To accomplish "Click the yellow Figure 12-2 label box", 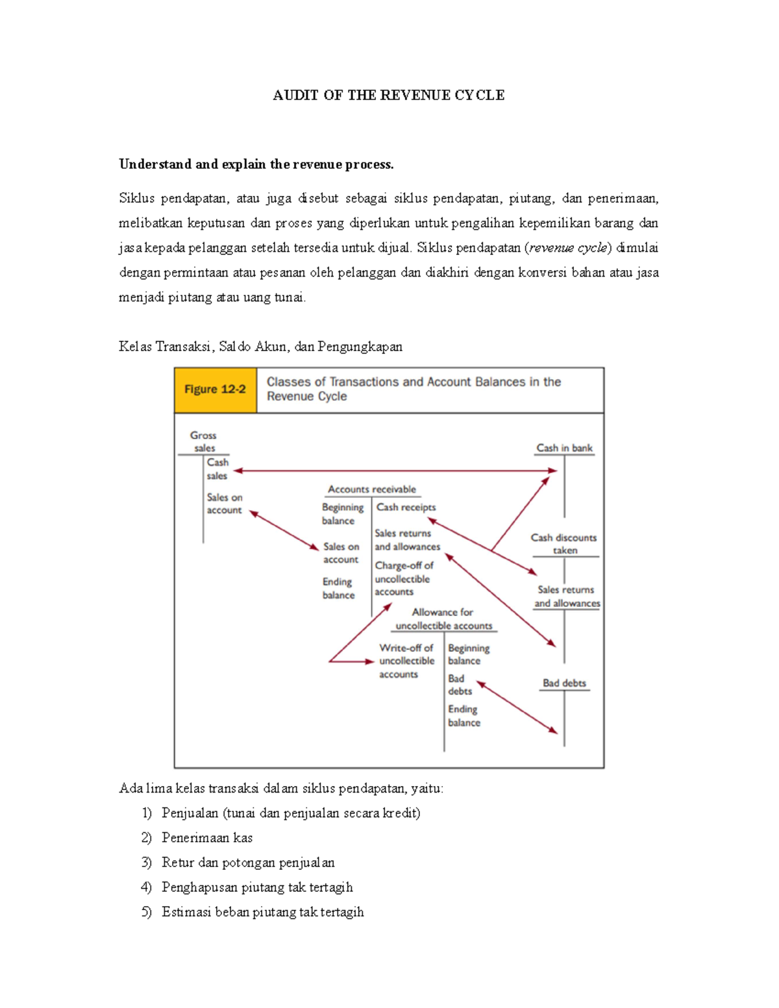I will (x=215, y=389).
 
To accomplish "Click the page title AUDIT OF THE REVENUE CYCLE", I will (x=388, y=95).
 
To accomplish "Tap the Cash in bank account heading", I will (x=564, y=448).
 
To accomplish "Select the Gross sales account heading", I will (x=203, y=441).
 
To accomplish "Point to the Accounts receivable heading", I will (x=371, y=489).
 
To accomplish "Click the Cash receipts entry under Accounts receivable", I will (x=406, y=508).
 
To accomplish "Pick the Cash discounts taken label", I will (x=563, y=544).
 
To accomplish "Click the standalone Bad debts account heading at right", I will (x=564, y=683).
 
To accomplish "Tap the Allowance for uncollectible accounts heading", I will (x=443, y=619).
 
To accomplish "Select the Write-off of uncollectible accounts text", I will (x=406, y=661).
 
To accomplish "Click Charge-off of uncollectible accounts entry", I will (x=403, y=578).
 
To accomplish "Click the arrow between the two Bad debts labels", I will (x=517, y=707).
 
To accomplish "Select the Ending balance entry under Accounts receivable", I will (x=338, y=588).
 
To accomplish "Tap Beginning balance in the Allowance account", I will (x=468, y=654).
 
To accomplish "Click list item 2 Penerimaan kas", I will (x=206, y=838).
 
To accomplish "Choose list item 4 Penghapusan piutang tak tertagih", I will (x=256, y=887).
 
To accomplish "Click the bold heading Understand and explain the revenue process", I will (x=256, y=164).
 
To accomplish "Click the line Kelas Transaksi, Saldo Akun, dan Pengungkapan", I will (x=260, y=347).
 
